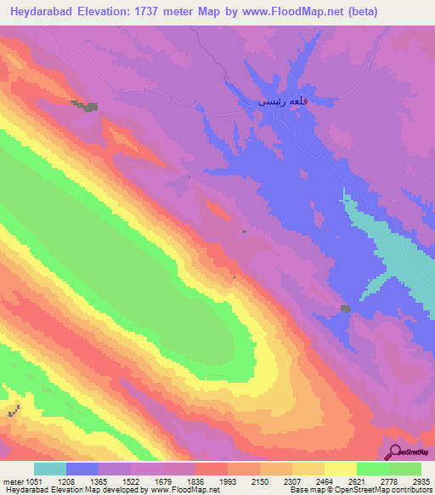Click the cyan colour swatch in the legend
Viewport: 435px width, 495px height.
[x=50, y=469]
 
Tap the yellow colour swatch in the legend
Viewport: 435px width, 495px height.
[x=340, y=469]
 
